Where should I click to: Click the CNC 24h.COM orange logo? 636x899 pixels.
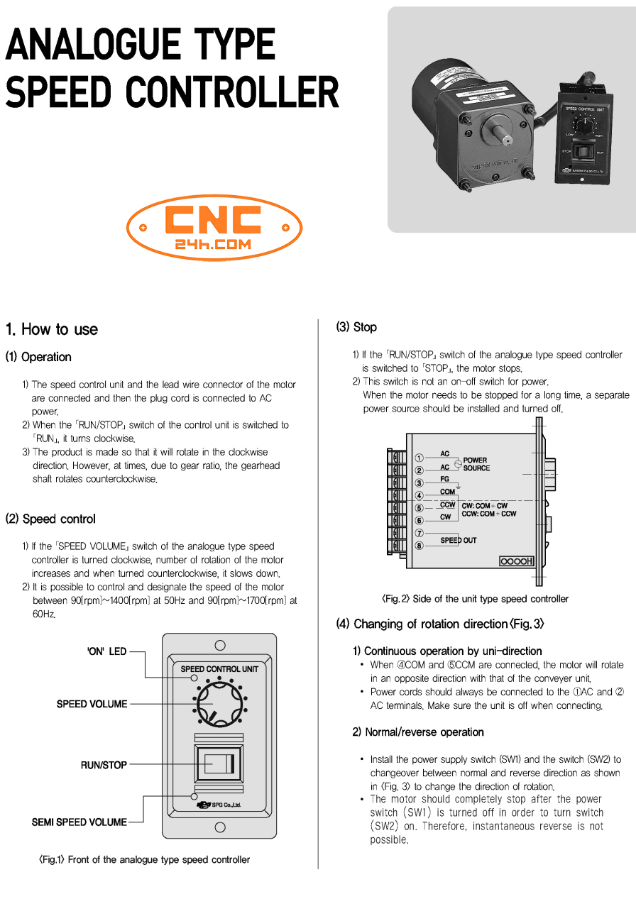214,228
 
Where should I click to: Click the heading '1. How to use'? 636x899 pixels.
52,329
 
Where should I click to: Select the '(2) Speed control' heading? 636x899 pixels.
50,519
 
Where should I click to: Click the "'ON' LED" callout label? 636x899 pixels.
106,651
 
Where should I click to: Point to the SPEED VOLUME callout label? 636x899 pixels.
92,704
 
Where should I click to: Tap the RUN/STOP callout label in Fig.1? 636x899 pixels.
104,765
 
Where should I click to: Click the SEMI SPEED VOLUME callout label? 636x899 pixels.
79,822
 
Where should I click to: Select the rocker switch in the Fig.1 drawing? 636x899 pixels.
219,763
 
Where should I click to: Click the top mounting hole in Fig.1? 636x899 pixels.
220,645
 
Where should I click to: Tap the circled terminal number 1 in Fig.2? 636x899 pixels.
419,458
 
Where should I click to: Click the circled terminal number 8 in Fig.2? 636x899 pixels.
419,546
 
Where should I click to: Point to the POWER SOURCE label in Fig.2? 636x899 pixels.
476,464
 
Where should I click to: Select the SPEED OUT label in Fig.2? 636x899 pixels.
459,541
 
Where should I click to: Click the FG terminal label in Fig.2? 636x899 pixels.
444,480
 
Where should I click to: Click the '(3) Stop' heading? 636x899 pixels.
356,327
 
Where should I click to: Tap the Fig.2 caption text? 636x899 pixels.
475,599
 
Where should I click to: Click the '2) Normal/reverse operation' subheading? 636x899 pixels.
418,732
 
